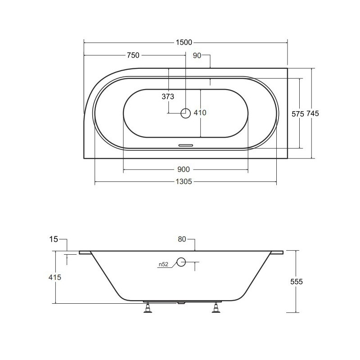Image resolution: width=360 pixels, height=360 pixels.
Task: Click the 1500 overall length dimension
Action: click(x=184, y=42)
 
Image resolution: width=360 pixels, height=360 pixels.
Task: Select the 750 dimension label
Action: click(x=133, y=55)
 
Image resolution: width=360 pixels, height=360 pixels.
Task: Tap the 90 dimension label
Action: click(x=197, y=55)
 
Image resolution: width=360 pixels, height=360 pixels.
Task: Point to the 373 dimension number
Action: click(x=168, y=97)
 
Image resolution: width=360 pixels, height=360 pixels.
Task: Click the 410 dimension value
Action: click(x=200, y=113)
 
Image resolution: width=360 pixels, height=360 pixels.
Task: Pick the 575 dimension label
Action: click(x=298, y=114)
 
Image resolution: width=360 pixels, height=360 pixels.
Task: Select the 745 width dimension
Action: click(x=313, y=114)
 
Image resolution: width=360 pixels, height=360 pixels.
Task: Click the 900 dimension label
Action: click(x=184, y=170)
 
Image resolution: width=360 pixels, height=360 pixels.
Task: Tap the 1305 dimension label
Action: click(x=184, y=182)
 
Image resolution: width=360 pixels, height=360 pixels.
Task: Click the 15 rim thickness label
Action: click(x=54, y=239)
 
